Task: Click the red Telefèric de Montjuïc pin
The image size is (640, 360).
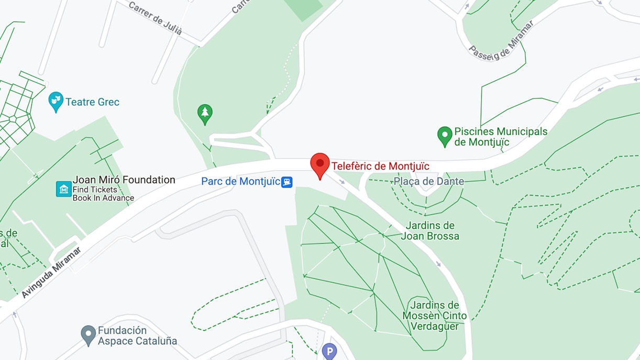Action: pyautogui.click(x=320, y=165)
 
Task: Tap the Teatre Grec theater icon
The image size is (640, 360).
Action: pyautogui.click(x=56, y=101)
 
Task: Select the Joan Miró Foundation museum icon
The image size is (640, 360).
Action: pyautogui.click(x=64, y=189)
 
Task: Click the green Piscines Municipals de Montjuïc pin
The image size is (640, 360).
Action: pyautogui.click(x=445, y=135)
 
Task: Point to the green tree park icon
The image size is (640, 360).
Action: pyautogui.click(x=205, y=113)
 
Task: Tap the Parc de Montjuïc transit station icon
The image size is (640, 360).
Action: pyautogui.click(x=286, y=182)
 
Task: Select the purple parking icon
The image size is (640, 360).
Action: pyautogui.click(x=329, y=351)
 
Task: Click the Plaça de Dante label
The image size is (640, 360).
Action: pyautogui.click(x=429, y=181)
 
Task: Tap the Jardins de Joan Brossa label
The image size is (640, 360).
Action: pyautogui.click(x=429, y=231)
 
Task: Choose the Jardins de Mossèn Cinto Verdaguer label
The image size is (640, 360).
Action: pyautogui.click(x=434, y=315)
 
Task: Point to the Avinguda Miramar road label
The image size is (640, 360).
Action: pyautogui.click(x=52, y=272)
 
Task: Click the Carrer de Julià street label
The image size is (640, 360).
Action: pyautogui.click(x=155, y=18)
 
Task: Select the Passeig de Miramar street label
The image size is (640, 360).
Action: pyautogui.click(x=501, y=40)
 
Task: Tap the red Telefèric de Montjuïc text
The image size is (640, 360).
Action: pyautogui.click(x=380, y=166)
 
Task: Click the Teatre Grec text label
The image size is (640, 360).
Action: pyautogui.click(x=92, y=102)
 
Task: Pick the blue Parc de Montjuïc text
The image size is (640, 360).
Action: pyautogui.click(x=241, y=181)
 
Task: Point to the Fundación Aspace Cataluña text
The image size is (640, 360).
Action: pyautogui.click(x=137, y=335)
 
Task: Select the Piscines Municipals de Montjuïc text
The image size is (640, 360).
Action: pyautogui.click(x=501, y=136)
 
